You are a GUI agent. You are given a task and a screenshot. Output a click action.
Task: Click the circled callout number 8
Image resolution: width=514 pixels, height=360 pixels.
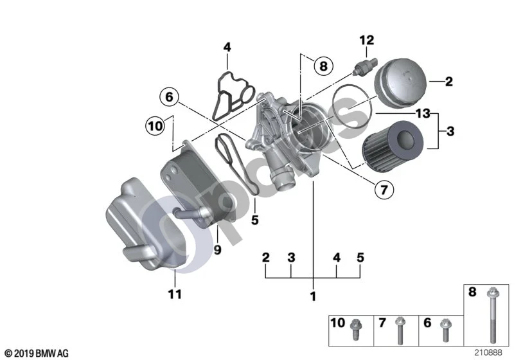pyautogui.click(x=323, y=66)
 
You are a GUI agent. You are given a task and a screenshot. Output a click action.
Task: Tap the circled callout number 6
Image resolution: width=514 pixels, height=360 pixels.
pyautogui.click(x=169, y=97)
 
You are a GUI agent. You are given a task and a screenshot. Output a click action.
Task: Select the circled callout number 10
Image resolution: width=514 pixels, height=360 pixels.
pyautogui.click(x=155, y=126)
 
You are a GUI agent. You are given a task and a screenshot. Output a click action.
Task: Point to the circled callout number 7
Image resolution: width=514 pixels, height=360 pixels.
pyautogui.click(x=384, y=189)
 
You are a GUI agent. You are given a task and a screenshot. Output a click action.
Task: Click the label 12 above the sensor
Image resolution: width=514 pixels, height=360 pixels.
pyautogui.click(x=366, y=40)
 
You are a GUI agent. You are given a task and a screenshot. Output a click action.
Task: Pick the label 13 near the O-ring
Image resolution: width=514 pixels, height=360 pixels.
pyautogui.click(x=423, y=113)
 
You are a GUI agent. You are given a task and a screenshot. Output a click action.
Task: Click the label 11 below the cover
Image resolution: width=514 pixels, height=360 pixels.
pyautogui.click(x=175, y=294)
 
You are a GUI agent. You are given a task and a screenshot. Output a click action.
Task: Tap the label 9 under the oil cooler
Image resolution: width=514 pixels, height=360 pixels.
pyautogui.click(x=217, y=250)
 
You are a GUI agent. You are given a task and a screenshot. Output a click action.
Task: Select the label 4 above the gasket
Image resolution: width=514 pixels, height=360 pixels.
pyautogui.click(x=227, y=47)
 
